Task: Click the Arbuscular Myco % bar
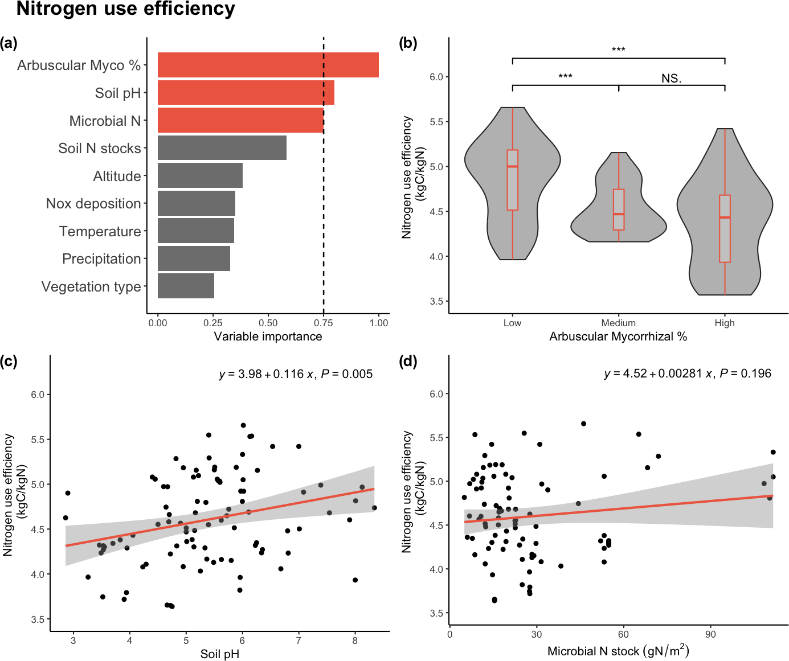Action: (x=268, y=65)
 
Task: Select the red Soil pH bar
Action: (x=246, y=93)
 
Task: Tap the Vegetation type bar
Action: (x=186, y=286)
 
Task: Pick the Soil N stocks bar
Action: (x=222, y=148)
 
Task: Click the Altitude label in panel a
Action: (x=117, y=176)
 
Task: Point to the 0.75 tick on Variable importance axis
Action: (x=324, y=323)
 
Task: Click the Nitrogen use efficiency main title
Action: (x=126, y=9)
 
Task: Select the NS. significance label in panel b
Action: (x=671, y=79)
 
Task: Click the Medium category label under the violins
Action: (x=618, y=323)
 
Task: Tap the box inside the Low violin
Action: (x=513, y=180)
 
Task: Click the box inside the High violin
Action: (x=725, y=228)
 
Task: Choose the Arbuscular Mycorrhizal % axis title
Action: (x=618, y=336)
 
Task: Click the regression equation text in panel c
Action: (x=266, y=374)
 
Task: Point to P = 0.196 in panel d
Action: (x=745, y=373)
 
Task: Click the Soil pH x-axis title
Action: (x=220, y=654)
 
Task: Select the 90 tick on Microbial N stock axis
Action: (x=710, y=635)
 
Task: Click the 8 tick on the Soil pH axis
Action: (x=355, y=641)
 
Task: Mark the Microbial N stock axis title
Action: (x=618, y=651)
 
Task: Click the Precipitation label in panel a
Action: (x=101, y=259)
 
